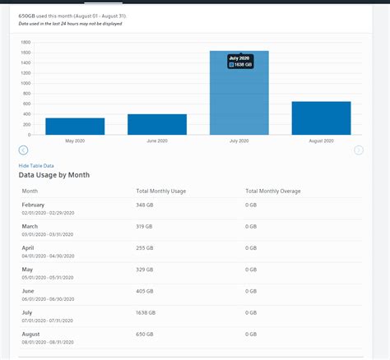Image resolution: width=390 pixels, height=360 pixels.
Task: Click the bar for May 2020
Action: click(75, 126)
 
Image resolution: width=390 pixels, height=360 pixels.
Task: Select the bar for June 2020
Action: click(157, 124)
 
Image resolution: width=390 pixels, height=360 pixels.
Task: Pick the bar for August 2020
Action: click(322, 118)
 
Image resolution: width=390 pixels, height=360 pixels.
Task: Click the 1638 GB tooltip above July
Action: click(240, 62)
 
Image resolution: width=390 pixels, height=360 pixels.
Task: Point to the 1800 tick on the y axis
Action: click(26, 43)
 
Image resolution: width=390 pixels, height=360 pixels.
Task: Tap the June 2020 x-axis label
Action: click(157, 141)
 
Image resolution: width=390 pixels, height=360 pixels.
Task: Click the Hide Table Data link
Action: click(36, 166)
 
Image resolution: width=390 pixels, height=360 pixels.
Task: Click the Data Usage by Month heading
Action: click(54, 175)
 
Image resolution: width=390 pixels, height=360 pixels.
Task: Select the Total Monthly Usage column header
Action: click(161, 192)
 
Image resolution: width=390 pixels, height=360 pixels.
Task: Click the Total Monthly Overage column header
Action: click(273, 192)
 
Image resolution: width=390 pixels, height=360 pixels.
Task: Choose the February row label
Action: click(34, 205)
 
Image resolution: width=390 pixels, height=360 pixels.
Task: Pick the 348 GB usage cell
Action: click(145, 205)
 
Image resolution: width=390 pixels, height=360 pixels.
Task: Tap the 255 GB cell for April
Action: click(145, 247)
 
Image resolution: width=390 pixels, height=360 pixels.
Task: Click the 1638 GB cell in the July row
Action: click(146, 312)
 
